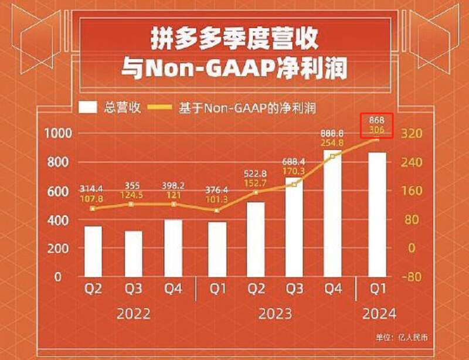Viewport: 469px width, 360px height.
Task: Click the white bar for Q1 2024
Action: [377, 214]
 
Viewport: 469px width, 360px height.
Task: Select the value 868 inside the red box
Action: [376, 121]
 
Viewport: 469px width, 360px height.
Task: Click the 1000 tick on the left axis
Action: [58, 133]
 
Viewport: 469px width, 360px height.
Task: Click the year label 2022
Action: [133, 313]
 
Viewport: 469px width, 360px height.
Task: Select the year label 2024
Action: [378, 313]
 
